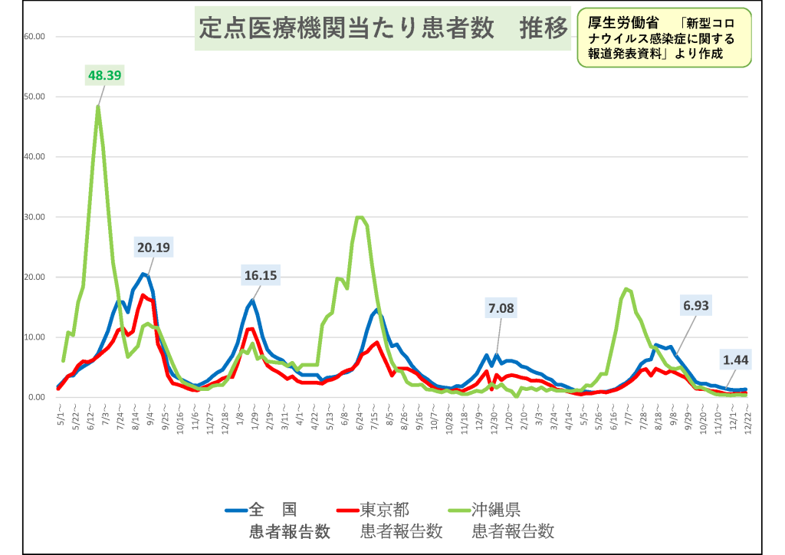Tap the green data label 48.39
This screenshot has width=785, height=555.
tap(105, 75)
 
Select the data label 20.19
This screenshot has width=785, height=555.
tap(156, 248)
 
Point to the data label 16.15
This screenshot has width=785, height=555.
tap(261, 275)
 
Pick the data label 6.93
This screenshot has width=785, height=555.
tap(696, 305)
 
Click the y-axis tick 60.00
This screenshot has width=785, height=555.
tap(35, 36)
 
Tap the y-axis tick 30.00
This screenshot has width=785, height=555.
tap(35, 217)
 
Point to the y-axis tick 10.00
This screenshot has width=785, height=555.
tap(35, 337)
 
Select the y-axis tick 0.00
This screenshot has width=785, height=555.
tap(38, 397)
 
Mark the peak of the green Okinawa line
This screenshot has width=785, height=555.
tap(98, 107)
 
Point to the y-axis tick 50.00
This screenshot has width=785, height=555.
tap(35, 97)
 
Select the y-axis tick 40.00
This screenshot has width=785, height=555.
tap(35, 156)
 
